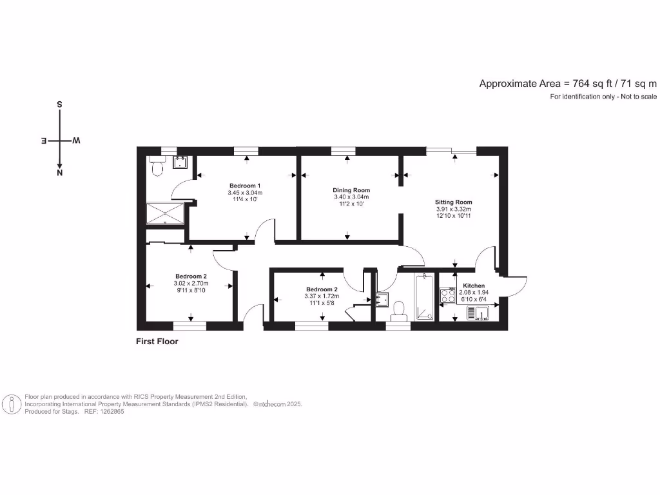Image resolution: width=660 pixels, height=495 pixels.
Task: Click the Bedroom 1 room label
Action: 245,186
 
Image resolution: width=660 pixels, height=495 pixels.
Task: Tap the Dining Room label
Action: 351,190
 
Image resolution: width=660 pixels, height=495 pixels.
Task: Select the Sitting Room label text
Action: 454,202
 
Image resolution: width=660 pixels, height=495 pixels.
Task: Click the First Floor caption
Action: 157,342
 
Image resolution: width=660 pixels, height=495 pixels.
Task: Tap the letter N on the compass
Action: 60,173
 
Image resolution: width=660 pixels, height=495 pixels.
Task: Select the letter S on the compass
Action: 60,104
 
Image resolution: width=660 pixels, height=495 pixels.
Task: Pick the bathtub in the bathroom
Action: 424,297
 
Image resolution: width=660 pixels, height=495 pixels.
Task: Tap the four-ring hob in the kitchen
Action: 447,295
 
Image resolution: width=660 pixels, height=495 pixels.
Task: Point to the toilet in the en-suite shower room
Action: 157,169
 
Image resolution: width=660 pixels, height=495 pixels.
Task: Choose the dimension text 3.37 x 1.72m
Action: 322,296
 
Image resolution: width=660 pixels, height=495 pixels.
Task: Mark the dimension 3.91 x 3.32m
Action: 454,209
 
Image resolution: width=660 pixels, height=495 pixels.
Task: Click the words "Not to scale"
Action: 637,97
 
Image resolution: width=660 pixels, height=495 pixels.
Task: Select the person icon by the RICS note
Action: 12,404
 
